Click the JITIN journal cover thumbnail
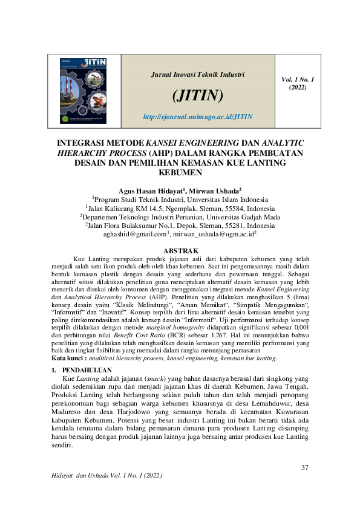click(85, 91)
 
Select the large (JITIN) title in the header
click(198, 96)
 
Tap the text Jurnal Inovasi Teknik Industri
click(197, 75)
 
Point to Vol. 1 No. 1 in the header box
click(298, 79)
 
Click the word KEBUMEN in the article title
click(180, 172)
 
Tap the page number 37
click(304, 467)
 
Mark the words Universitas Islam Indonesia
click(226, 198)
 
